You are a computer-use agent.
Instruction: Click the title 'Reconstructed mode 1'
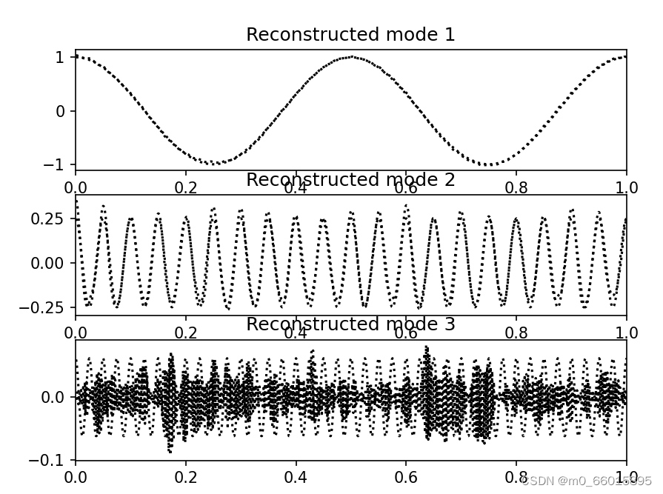pos(350,35)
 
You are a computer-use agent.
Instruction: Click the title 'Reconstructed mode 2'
pos(350,180)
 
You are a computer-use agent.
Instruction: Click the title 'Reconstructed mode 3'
pos(350,324)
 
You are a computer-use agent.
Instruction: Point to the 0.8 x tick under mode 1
pos(516,188)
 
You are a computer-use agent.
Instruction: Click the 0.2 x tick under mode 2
pos(186,333)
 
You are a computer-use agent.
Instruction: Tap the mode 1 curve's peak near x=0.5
pos(351,57)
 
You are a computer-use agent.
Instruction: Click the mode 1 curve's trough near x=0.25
pos(213,163)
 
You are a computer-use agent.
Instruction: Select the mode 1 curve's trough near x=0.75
pos(489,164)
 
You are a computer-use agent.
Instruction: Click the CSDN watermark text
pos(586,481)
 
